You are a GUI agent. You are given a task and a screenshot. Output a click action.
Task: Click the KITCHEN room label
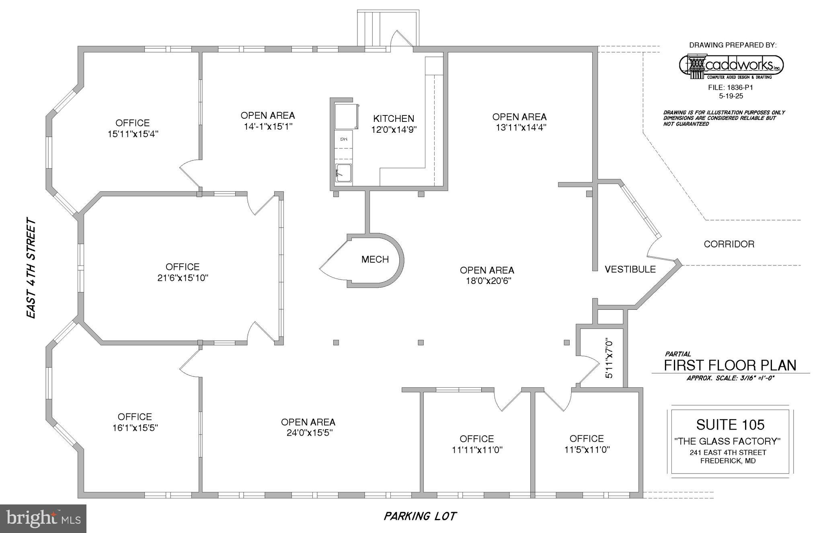[x=394, y=119]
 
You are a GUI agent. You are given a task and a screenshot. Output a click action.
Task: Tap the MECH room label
[x=375, y=259]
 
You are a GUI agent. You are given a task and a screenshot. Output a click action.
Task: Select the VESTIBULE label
[x=630, y=269]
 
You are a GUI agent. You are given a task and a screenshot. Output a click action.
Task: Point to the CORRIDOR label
[x=729, y=244]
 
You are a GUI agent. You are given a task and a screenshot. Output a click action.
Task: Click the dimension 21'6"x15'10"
[x=183, y=278]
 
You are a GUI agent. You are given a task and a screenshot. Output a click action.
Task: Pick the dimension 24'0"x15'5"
[x=308, y=433]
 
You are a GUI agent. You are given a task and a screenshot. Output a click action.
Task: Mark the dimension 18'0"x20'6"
[x=487, y=281]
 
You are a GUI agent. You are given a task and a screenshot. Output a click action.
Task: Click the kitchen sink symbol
[x=343, y=173]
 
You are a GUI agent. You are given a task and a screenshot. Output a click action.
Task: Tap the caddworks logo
[x=731, y=66]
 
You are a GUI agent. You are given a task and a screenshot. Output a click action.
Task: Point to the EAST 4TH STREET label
[x=31, y=268]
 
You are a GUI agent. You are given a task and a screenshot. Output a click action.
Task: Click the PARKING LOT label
[x=420, y=516]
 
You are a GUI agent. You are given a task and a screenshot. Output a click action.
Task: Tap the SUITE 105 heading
[x=730, y=424]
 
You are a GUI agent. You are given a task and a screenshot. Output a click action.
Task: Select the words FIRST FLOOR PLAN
[x=730, y=365]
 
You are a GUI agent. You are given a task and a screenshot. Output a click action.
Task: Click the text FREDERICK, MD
[x=728, y=461]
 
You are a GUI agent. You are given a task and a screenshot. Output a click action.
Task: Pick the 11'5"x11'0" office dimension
[x=587, y=449]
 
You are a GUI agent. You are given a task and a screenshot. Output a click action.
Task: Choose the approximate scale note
[x=730, y=378]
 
